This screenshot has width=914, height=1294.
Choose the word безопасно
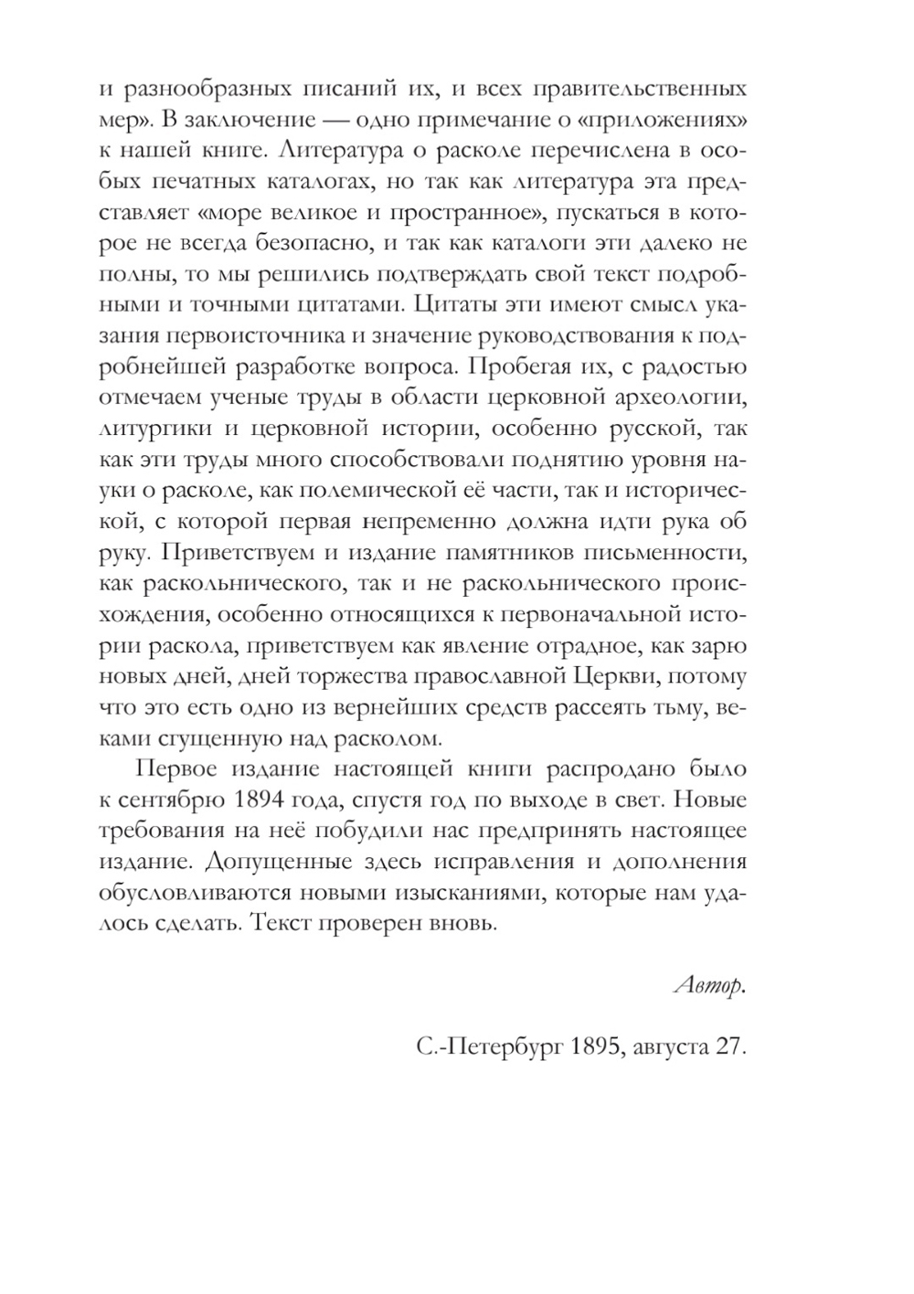click(x=321, y=243)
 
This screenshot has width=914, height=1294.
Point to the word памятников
click(x=499, y=554)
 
